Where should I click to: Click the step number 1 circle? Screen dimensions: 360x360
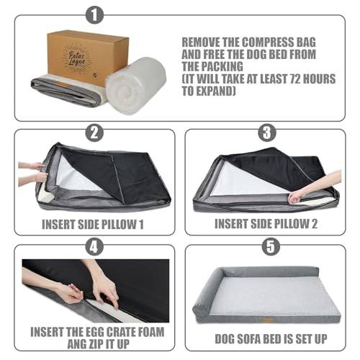tap(94, 15)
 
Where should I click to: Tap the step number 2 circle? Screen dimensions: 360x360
tap(94, 132)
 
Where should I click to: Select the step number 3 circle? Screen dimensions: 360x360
tap(267, 132)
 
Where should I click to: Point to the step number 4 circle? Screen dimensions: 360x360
tap(94, 247)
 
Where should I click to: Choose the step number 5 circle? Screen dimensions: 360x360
tap(271, 247)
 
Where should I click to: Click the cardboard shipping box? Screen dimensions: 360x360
tap(88, 58)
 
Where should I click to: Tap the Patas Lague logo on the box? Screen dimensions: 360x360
tap(77, 58)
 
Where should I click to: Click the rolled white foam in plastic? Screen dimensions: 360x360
tap(136, 86)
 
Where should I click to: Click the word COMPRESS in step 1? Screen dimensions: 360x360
tap(268, 42)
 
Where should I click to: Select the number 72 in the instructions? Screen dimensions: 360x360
tap(297, 79)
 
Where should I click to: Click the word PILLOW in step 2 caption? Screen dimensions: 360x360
tap(119, 225)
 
